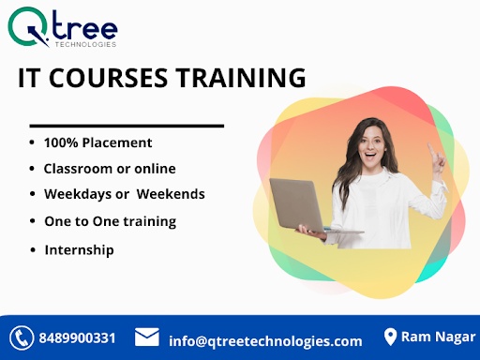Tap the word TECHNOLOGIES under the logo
(86, 44)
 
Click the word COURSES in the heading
(108, 78)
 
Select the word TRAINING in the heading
(240, 78)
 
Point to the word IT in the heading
(29, 78)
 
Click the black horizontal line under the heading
(127, 126)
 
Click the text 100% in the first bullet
(61, 142)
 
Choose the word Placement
(117, 142)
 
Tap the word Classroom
(78, 169)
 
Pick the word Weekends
(171, 194)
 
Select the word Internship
(79, 250)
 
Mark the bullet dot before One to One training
(33, 221)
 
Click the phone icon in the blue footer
(22, 337)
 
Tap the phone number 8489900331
(77, 338)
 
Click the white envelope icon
(147, 337)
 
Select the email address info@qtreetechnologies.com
(265, 341)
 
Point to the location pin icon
(390, 337)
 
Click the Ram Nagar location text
(438, 337)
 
